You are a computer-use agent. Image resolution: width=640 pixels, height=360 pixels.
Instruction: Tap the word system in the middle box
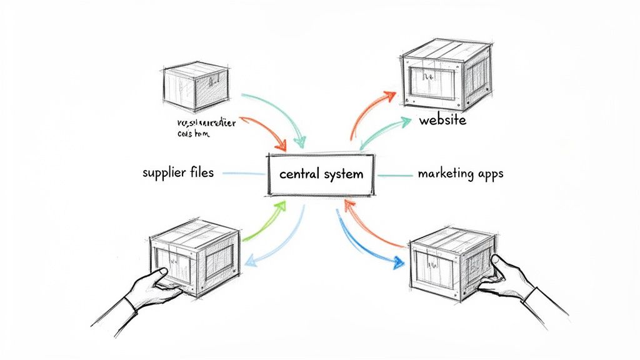tap(343, 174)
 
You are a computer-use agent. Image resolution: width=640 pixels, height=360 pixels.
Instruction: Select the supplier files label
tap(177, 172)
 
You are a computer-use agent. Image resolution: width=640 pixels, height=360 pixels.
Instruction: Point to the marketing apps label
tap(460, 173)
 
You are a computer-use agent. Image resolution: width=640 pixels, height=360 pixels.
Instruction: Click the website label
tap(442, 119)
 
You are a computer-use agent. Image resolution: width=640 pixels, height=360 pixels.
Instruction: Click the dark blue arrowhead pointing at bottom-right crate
tap(397, 262)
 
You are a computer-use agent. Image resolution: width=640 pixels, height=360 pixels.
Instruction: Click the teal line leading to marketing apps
tap(392, 175)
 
